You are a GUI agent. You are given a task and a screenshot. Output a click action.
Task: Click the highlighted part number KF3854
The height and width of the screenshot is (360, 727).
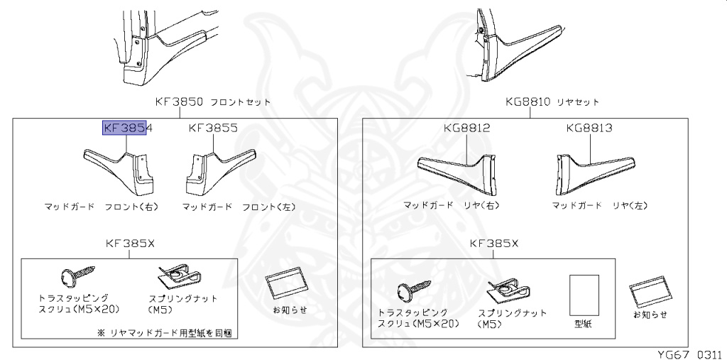(x=129, y=128)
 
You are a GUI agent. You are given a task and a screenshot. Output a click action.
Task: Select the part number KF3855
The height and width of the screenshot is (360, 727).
(x=212, y=128)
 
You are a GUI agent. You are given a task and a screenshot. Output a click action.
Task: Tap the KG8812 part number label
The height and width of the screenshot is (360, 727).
(x=466, y=128)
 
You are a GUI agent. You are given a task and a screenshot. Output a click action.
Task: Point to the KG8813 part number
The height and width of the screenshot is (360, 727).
(x=589, y=128)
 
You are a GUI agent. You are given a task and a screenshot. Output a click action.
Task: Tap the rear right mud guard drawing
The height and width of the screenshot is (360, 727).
(x=458, y=171)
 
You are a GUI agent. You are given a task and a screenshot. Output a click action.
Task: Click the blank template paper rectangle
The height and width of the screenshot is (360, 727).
(x=584, y=294)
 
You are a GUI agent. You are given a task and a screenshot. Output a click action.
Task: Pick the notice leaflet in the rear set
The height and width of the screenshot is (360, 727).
(x=650, y=292)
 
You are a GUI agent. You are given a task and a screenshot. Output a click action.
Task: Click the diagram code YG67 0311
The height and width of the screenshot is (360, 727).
(x=687, y=353)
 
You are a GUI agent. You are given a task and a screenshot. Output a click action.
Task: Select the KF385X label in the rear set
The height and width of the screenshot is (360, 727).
(x=494, y=244)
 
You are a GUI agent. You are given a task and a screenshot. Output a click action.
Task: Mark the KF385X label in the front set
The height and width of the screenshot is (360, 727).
(x=130, y=244)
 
